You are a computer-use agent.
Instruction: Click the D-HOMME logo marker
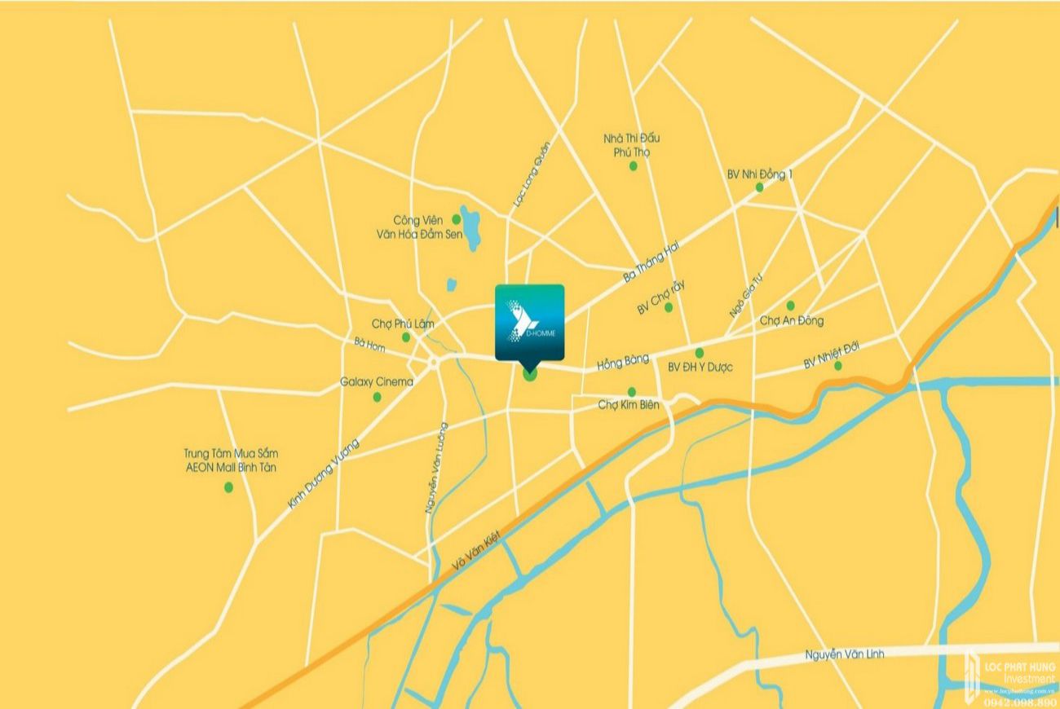pyautogui.click(x=528, y=322)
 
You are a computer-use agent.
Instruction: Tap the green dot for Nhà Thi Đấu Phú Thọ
pyautogui.click(x=633, y=166)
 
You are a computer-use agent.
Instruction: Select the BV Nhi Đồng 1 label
pyautogui.click(x=760, y=174)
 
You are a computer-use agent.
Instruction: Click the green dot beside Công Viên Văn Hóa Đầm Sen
pyautogui.click(x=457, y=219)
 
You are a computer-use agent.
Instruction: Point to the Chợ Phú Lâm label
pyautogui.click(x=403, y=324)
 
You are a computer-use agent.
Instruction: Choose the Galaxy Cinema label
pyautogui.click(x=377, y=381)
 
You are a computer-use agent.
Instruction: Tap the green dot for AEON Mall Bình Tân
pyautogui.click(x=228, y=487)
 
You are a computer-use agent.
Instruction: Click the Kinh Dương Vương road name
pyautogui.click(x=324, y=473)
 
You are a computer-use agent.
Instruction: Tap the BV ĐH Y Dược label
pyautogui.click(x=700, y=368)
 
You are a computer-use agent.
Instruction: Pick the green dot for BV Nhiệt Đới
pyautogui.click(x=837, y=366)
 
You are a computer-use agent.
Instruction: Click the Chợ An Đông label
pyautogui.click(x=791, y=320)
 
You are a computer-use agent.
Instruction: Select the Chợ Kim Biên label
pyautogui.click(x=628, y=404)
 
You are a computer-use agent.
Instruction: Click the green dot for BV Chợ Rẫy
pyautogui.click(x=669, y=307)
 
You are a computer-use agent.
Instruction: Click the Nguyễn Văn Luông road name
pyautogui.click(x=436, y=467)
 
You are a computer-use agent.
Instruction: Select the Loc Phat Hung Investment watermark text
pyautogui.click(x=1018, y=673)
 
